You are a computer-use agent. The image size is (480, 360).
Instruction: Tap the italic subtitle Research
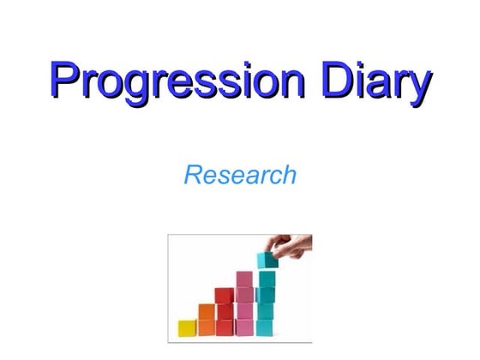tap(240, 175)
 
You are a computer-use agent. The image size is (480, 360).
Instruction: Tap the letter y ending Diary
tap(416, 86)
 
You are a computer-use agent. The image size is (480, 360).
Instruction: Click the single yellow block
tap(187, 327)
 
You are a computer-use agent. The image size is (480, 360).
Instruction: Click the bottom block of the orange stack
tap(207, 327)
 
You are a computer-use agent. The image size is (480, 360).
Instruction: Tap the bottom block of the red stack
tap(225, 327)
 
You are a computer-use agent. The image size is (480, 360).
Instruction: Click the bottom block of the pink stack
tap(244, 327)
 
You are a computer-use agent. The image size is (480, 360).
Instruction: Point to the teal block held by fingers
tap(267, 259)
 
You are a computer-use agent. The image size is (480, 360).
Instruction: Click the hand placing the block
tap(291, 248)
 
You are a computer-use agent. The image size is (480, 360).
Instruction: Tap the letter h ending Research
tap(289, 175)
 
